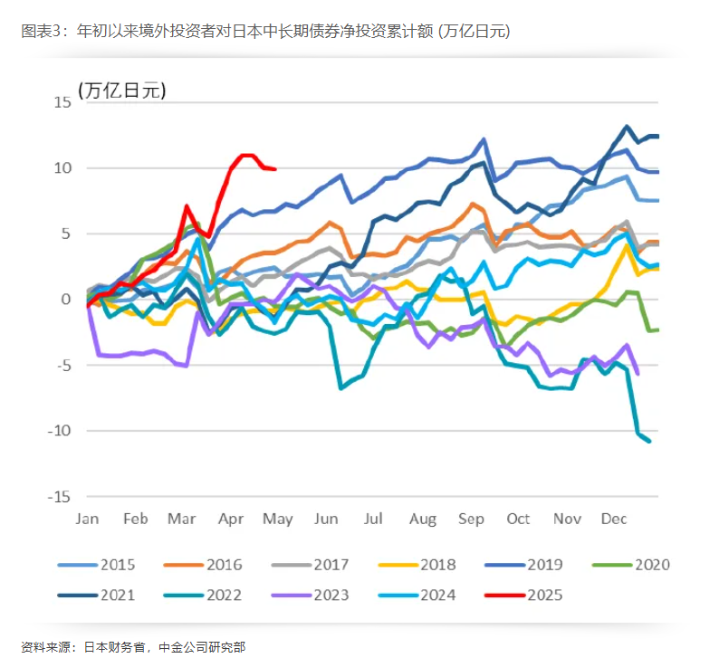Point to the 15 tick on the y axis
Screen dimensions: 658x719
coord(60,102)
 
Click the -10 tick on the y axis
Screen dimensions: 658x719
coord(57,431)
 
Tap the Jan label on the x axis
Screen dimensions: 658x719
coord(87,519)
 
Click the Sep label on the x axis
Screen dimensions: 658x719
coord(471,519)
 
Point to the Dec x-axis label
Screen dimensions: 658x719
coord(615,519)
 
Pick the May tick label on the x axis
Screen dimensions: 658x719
coord(279,519)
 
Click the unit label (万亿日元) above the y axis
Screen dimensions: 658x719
coord(122,90)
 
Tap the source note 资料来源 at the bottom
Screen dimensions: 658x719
coord(132,646)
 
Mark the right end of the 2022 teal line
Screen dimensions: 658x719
coord(649,441)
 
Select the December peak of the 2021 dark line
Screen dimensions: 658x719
coord(627,128)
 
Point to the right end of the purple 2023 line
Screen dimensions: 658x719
coord(638,372)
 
